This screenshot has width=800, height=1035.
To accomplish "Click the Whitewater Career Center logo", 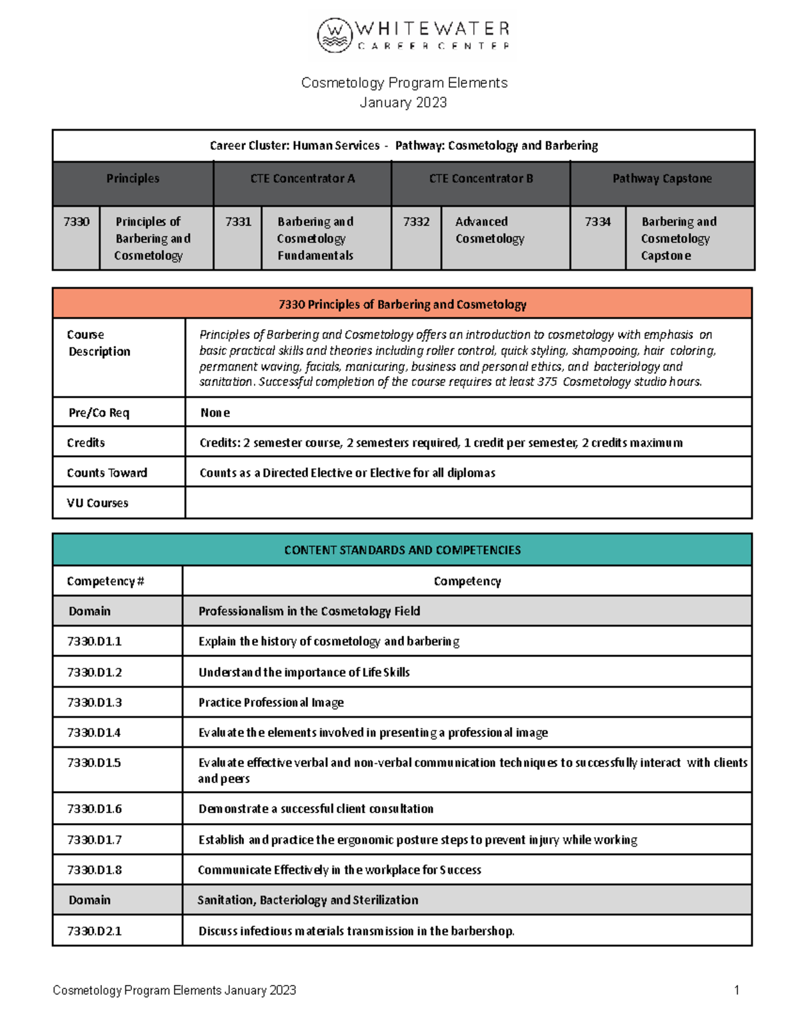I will click(413, 36).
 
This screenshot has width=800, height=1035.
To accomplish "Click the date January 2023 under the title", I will click(403, 103).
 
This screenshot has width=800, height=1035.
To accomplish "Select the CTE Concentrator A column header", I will click(302, 179).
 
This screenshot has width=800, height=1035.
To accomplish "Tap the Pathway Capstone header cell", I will click(662, 179).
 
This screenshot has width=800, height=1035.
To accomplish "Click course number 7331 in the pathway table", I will click(238, 222).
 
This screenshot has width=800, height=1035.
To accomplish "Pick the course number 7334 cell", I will click(597, 222).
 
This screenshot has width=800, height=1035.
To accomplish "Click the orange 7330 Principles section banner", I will click(402, 305).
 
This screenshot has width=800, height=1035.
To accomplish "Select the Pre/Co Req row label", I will click(99, 413).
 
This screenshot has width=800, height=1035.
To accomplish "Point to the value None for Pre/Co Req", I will click(215, 413).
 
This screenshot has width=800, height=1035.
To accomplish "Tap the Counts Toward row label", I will click(107, 473).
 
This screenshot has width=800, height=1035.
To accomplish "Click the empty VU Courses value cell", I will click(468, 503).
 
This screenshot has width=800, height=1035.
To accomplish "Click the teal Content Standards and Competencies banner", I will click(402, 550).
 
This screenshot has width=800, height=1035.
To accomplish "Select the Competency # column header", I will click(105, 581).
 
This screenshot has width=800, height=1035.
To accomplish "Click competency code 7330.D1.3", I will click(94, 702).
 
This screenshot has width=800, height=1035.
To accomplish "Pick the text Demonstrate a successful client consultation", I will click(315, 808).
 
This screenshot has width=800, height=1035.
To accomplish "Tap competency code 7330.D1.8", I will click(94, 870).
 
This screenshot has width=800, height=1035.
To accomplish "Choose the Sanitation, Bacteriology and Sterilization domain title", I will click(308, 900).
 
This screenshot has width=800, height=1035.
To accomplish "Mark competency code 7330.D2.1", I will click(94, 931).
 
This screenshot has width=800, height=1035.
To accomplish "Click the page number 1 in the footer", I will click(737, 990).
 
